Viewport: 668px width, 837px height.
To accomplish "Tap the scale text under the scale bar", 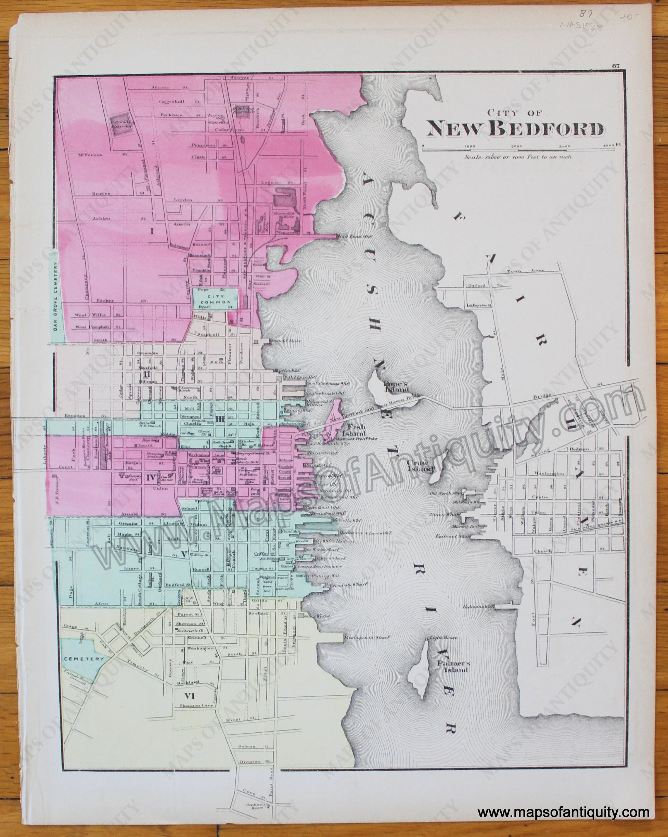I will point(517,157).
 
